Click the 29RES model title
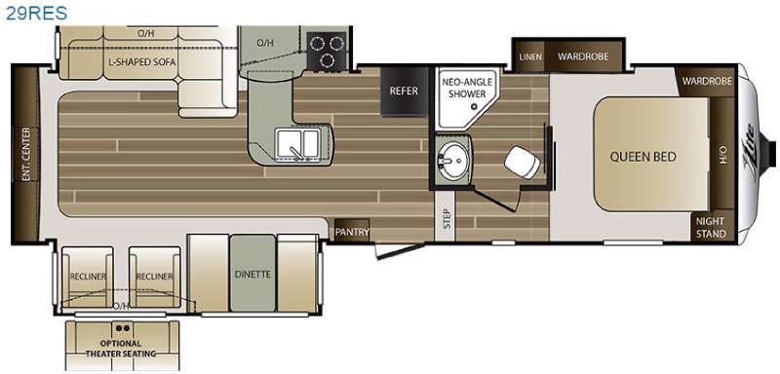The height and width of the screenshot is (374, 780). (x=36, y=13)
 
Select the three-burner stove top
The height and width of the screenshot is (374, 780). (x=327, y=51)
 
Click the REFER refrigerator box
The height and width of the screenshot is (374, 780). (x=404, y=92)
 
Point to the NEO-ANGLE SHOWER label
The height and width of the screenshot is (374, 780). (x=467, y=87)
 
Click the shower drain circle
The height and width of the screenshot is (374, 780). (x=474, y=106)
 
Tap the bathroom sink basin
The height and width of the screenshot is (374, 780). (x=451, y=160)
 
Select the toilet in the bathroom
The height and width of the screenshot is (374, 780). (x=522, y=162)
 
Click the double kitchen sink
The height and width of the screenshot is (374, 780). (x=297, y=144)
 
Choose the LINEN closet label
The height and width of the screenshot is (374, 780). (x=530, y=56)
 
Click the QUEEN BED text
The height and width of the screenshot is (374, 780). (x=643, y=158)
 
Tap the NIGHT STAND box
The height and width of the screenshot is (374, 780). (x=712, y=228)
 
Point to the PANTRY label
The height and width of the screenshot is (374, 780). (x=352, y=232)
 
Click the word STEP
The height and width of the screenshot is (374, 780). (x=447, y=218)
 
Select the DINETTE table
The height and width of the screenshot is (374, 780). (x=253, y=274)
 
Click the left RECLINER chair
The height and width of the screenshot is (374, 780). (x=87, y=278)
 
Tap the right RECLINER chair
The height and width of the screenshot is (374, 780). (x=154, y=278)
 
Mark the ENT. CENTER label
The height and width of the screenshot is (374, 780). (x=26, y=154)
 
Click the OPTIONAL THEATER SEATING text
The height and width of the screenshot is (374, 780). (x=121, y=349)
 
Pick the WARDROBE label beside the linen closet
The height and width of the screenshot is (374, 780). (x=582, y=56)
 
